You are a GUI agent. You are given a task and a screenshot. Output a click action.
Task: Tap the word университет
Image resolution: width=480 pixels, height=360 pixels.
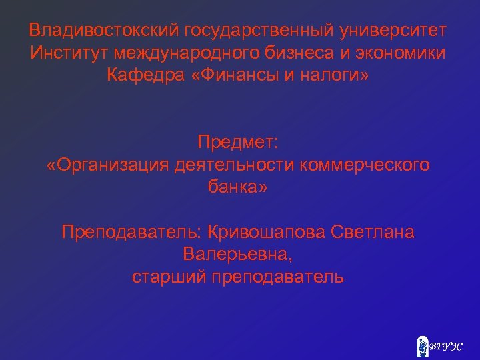pyautogui.click(x=394, y=31)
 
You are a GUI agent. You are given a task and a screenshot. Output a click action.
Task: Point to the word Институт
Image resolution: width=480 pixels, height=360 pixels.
pyautogui.click(x=68, y=53)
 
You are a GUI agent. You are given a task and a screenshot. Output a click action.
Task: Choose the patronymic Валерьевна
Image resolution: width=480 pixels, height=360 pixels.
pyautogui.click(x=236, y=254)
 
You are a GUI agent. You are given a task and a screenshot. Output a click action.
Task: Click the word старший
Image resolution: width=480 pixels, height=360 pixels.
pyautogui.click(x=169, y=276)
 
